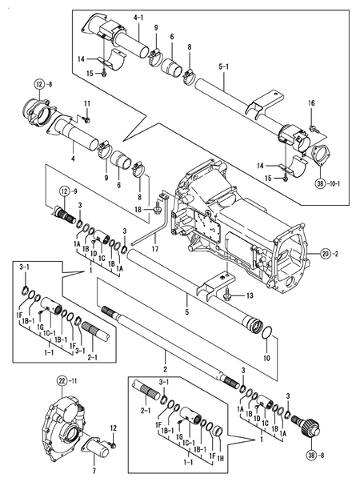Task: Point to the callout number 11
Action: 87,104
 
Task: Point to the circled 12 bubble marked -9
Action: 64,191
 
